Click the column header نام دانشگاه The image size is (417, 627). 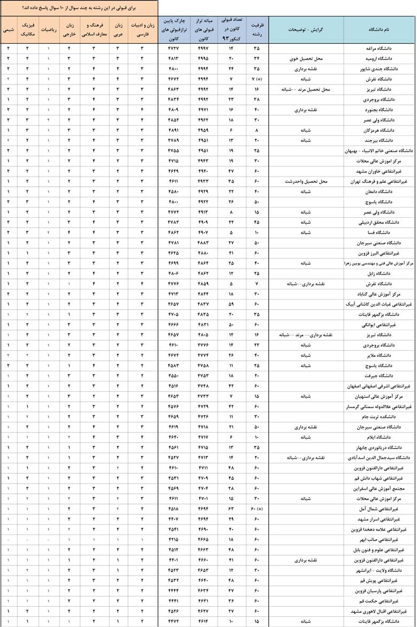coord(379,29)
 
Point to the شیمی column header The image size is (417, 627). coord(9,29)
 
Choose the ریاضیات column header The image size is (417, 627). coord(49,29)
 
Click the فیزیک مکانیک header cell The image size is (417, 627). coord(28,29)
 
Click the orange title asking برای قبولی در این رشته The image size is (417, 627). coord(79,9)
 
